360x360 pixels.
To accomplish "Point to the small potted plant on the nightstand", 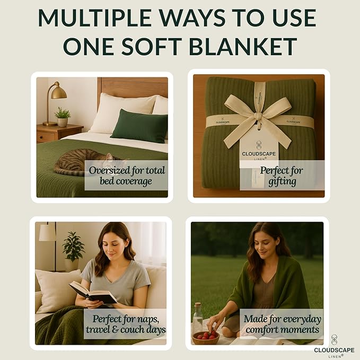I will click(x=63, y=117).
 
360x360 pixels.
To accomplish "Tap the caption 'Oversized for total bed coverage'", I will click(x=127, y=175).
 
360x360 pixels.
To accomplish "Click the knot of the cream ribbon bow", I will click(x=258, y=116).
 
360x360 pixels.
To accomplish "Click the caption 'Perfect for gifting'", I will click(x=281, y=175).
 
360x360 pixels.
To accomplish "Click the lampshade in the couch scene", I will click(x=47, y=232).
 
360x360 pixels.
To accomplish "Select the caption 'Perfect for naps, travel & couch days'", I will click(x=126, y=324).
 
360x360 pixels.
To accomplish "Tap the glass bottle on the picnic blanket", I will click(x=197, y=318).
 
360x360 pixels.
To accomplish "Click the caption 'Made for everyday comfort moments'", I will click(x=281, y=324).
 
